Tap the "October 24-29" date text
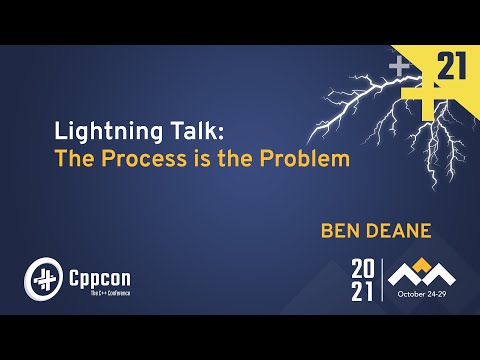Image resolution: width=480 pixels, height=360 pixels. pyautogui.click(x=425, y=295)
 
